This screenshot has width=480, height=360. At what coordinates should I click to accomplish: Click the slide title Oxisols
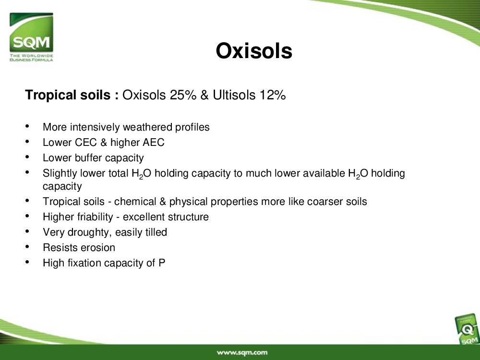tap(254, 51)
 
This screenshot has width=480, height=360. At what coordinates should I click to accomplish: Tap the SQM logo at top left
tap(31, 37)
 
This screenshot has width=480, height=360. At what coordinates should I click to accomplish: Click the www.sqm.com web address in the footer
tap(242, 353)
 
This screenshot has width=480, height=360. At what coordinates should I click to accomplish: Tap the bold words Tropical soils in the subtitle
tap(68, 95)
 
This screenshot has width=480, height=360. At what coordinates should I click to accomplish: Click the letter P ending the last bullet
tap(162, 263)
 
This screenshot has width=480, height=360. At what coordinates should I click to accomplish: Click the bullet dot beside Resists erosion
tap(27, 246)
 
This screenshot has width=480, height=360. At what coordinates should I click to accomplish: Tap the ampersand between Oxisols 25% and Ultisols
tap(204, 95)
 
